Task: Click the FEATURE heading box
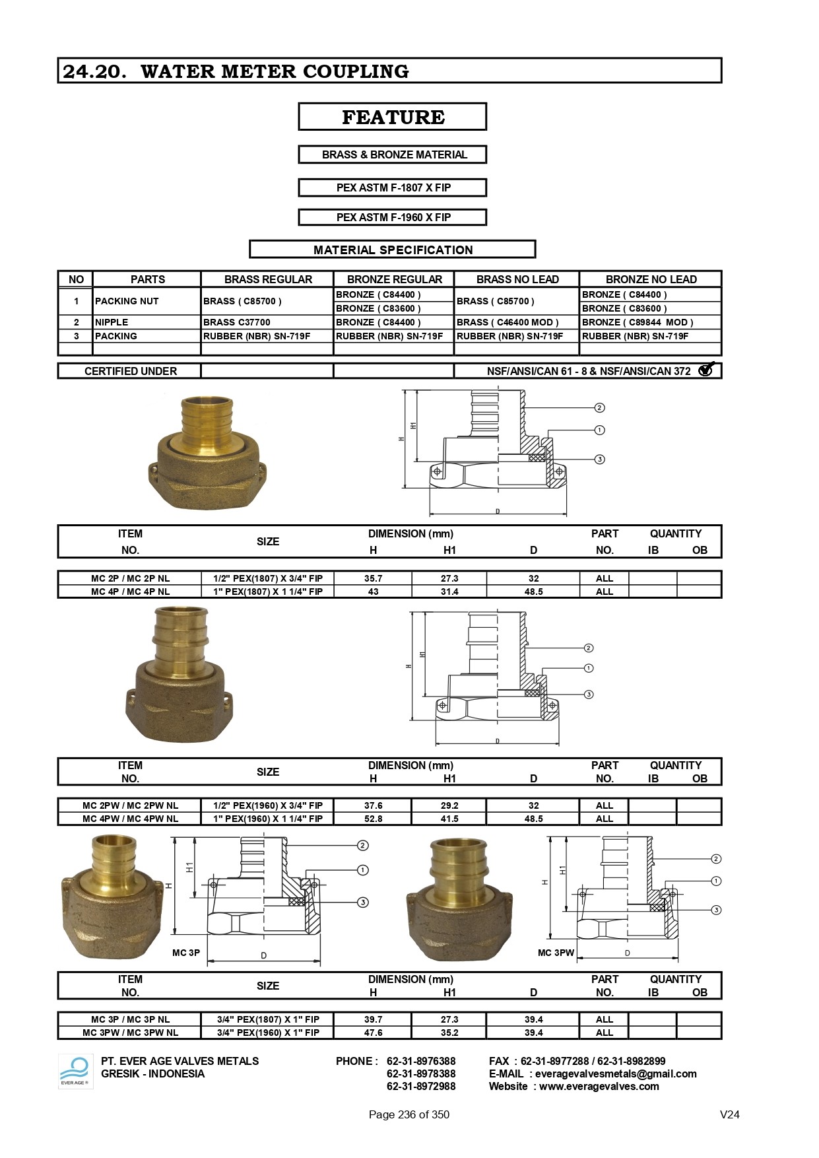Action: [393, 117]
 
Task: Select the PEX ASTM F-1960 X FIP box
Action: [393, 217]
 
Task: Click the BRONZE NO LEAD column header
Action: [651, 279]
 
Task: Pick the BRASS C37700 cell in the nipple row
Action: [237, 322]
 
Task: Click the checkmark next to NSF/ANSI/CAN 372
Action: [706, 370]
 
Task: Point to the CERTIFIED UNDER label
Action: [130, 371]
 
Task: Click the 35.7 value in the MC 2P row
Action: [373, 578]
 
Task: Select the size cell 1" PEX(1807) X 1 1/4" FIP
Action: [267, 592]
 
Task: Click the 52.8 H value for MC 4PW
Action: [373, 819]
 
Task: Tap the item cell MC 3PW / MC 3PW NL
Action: [130, 1033]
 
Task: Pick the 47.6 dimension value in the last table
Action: [373, 1033]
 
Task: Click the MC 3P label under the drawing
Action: [185, 953]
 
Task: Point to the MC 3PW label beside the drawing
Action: [556, 953]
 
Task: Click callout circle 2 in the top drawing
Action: [599, 408]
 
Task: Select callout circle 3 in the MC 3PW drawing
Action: [716, 910]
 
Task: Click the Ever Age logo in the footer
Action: [75, 1071]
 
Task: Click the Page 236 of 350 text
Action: [409, 1114]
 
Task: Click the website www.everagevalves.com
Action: [599, 1086]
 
